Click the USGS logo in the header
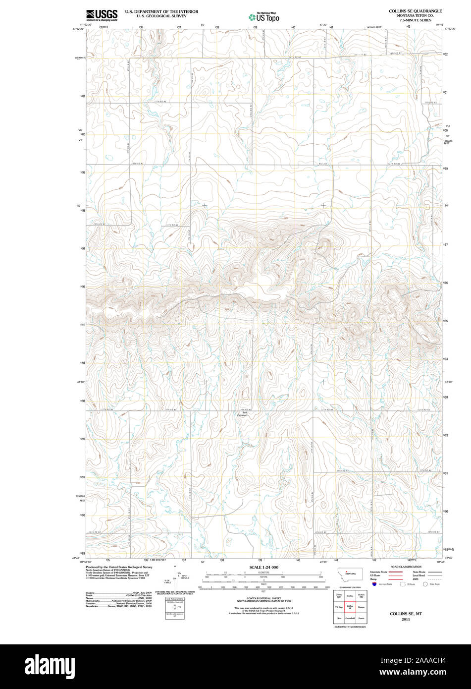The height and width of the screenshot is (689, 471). click(x=102, y=15)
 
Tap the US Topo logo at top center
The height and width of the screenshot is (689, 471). click(x=263, y=17)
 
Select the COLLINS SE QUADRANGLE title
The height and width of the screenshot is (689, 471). click(x=415, y=10)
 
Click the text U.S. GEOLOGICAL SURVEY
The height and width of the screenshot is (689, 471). click(x=161, y=16)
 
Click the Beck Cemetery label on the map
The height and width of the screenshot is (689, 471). click(x=245, y=413)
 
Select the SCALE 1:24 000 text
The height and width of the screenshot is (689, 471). click(x=263, y=567)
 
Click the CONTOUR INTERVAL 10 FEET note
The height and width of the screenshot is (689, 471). click(x=263, y=599)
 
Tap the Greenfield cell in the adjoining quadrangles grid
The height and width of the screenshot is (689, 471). click(x=350, y=619)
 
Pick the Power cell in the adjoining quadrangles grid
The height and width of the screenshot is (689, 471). click(x=361, y=619)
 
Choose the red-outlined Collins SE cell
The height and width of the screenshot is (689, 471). click(x=350, y=607)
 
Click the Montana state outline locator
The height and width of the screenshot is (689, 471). click(x=351, y=573)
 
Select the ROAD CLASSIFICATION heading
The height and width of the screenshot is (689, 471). click(x=406, y=567)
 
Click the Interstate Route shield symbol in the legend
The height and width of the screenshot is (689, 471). click(x=374, y=584)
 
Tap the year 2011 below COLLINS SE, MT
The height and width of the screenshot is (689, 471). click(x=406, y=620)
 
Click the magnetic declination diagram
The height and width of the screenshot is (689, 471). click(x=175, y=577)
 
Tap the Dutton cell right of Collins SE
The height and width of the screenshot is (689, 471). click(x=361, y=607)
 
